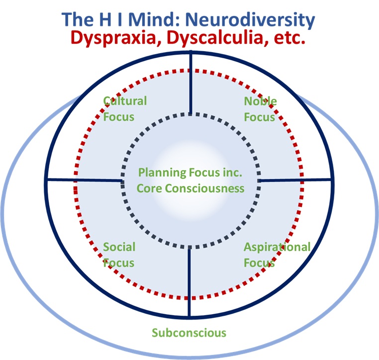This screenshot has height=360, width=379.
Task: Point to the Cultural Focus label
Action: pyautogui.click(x=125, y=109)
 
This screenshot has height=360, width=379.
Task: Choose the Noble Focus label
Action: pyautogui.click(x=260, y=109)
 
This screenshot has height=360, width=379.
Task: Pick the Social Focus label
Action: pyautogui.click(x=119, y=255)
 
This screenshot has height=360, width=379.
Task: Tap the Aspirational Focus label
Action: pyautogui.click(x=277, y=255)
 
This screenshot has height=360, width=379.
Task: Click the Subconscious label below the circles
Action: pyautogui.click(x=189, y=333)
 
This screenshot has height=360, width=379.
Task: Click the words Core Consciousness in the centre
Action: pyautogui.click(x=190, y=188)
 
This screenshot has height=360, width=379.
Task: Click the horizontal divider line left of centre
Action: pyautogui.click(x=85, y=180)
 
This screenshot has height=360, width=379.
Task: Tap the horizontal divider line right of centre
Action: pyautogui.click(x=296, y=180)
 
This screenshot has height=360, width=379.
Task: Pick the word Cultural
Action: pyautogui.click(x=125, y=101)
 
